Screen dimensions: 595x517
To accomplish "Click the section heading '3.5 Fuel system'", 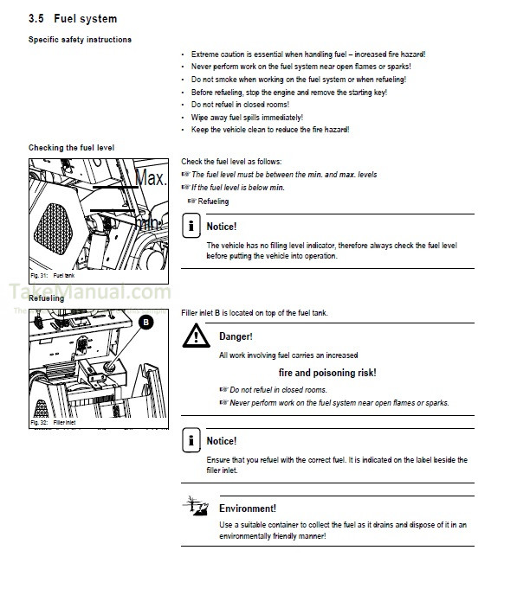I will point(73,18).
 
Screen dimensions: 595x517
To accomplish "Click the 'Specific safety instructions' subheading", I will point(80,40).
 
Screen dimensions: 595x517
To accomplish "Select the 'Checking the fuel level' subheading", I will point(71,148).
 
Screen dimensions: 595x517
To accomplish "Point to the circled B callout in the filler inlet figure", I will point(146,322).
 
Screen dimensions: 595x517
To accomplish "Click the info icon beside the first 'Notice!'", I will point(191,227).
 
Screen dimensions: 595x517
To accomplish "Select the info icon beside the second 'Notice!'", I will point(191,440).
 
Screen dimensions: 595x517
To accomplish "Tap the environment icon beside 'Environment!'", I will point(195,507).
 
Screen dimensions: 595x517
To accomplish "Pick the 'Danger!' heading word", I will point(236,336).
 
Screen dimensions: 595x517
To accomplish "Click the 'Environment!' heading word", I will point(247,509).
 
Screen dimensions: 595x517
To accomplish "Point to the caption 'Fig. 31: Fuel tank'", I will point(54,276).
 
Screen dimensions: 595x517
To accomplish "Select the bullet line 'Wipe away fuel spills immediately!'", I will point(247,117).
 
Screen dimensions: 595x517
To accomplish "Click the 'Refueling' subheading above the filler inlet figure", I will point(47,298).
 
